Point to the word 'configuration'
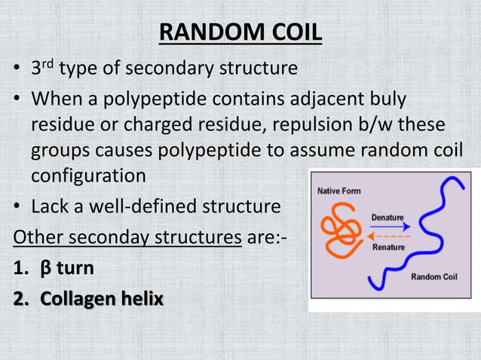pyautogui.click(x=88, y=176)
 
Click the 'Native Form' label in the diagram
pyautogui.click(x=339, y=191)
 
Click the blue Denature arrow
pyautogui.click(x=391, y=226)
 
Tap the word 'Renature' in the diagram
pyautogui.click(x=390, y=246)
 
